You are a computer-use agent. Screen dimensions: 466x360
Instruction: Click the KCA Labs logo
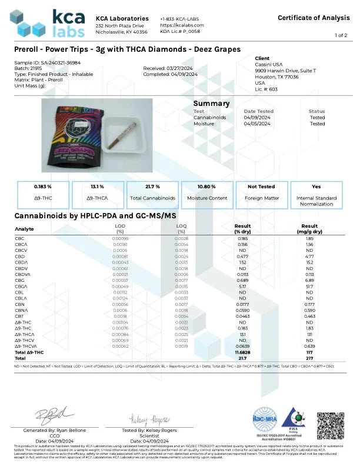tap(50, 24)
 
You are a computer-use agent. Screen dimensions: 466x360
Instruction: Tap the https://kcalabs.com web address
tap(182, 25)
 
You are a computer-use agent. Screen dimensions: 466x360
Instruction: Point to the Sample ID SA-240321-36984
tap(39, 62)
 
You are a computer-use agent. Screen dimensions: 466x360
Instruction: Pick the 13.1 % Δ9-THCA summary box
tap(97, 192)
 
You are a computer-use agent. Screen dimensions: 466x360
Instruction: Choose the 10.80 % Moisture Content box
tap(207, 192)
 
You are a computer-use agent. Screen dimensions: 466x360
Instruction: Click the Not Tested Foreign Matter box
tap(262, 192)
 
